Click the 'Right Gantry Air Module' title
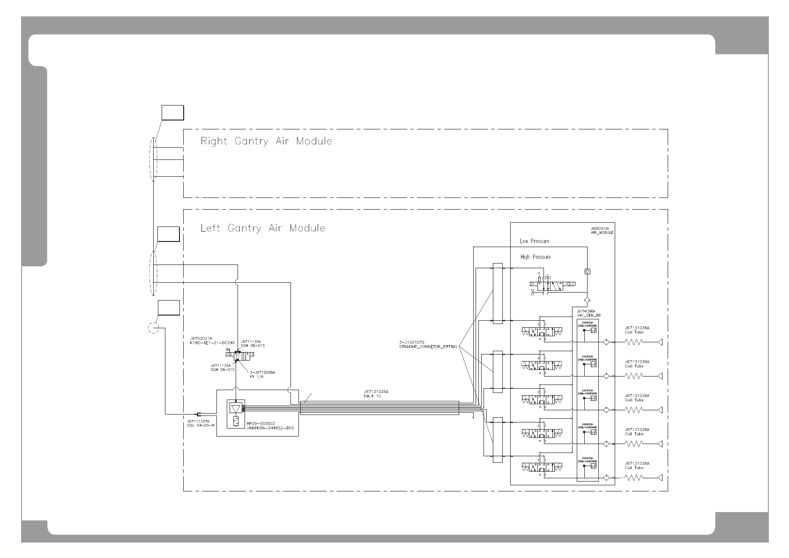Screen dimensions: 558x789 pyautogui.click(x=266, y=141)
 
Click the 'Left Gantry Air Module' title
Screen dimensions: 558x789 pyautogui.click(x=262, y=228)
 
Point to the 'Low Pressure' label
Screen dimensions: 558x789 pyautogui.click(x=534, y=241)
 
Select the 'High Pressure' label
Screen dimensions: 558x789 pyautogui.click(x=535, y=257)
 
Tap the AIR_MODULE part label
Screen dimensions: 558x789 pyautogui.click(x=602, y=233)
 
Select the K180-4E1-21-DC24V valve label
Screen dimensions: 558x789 pyautogui.click(x=211, y=343)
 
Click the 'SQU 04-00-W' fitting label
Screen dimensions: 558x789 pyautogui.click(x=200, y=425)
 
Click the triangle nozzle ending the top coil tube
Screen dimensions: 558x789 pyautogui.click(x=660, y=342)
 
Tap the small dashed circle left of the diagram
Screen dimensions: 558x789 pyautogui.click(x=153, y=328)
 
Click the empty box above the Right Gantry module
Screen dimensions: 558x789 pyautogui.click(x=172, y=113)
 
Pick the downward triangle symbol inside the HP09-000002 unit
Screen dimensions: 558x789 pyautogui.click(x=235, y=407)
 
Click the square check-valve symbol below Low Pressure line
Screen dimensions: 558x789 pyautogui.click(x=588, y=271)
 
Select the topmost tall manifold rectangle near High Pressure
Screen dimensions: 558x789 pyautogui.click(x=497, y=294)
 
